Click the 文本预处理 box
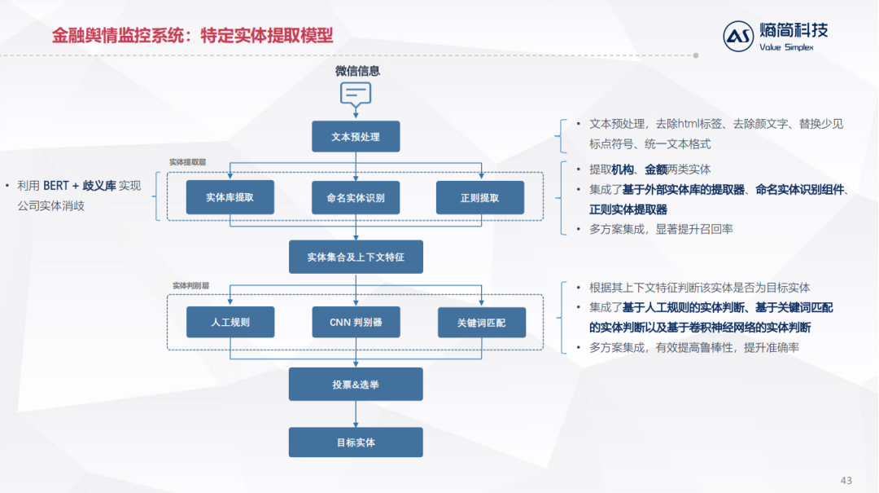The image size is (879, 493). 356,137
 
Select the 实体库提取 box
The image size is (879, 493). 230,197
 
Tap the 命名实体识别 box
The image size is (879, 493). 356,197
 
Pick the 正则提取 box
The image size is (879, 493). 480,197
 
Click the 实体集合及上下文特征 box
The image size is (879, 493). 356,257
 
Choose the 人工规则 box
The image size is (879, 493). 230,322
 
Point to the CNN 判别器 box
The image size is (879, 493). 356,322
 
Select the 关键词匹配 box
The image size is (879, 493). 482,322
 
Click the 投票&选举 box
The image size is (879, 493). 356,384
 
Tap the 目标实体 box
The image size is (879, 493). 356,442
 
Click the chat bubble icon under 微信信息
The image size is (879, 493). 356,95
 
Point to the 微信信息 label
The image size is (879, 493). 357,71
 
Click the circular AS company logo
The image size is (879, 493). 739,37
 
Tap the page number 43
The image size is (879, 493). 846,479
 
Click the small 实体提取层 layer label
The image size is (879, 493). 187,162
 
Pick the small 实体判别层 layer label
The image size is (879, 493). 190,286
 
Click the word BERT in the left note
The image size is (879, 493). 56,186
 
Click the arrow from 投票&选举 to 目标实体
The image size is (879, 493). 356,414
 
